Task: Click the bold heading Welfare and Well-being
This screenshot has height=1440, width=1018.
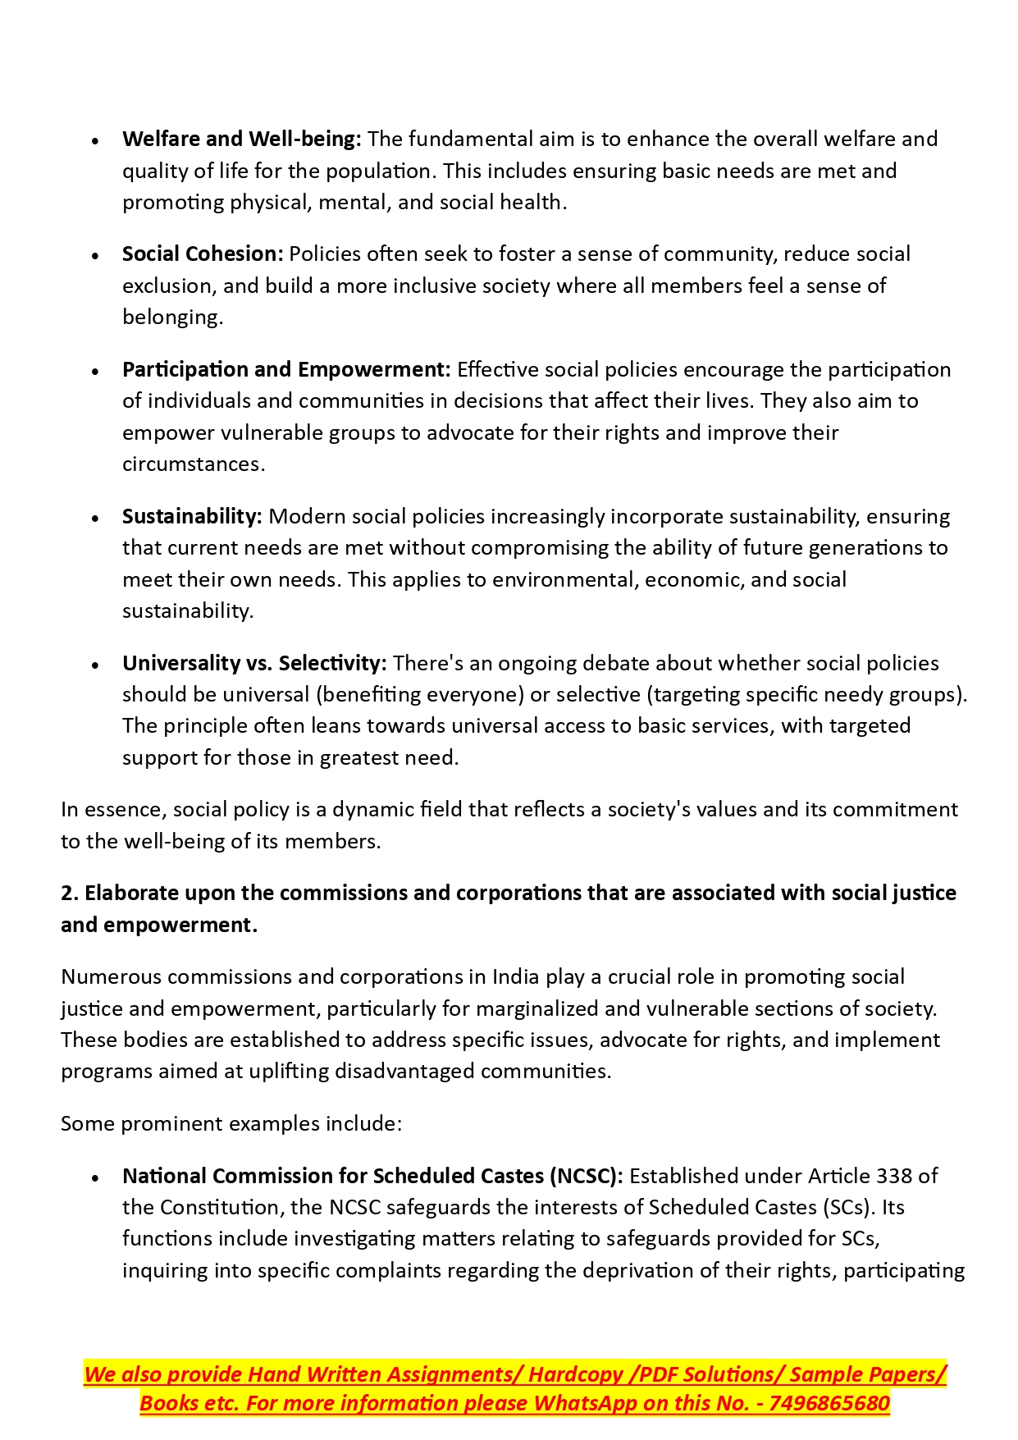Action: (x=241, y=139)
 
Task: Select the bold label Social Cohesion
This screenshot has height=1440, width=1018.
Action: (x=203, y=254)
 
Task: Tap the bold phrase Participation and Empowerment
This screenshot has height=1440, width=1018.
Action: (x=286, y=370)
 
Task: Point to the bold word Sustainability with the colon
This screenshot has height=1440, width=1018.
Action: (x=192, y=517)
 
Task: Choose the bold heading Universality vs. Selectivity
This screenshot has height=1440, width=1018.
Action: (x=254, y=664)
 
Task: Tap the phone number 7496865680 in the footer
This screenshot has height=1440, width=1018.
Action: (x=829, y=1404)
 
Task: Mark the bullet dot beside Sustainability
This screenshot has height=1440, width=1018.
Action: (x=96, y=519)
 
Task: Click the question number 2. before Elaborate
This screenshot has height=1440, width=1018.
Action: (x=70, y=894)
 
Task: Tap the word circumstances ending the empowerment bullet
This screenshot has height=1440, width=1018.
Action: (x=192, y=464)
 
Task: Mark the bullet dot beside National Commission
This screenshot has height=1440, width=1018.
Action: (x=96, y=1178)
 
